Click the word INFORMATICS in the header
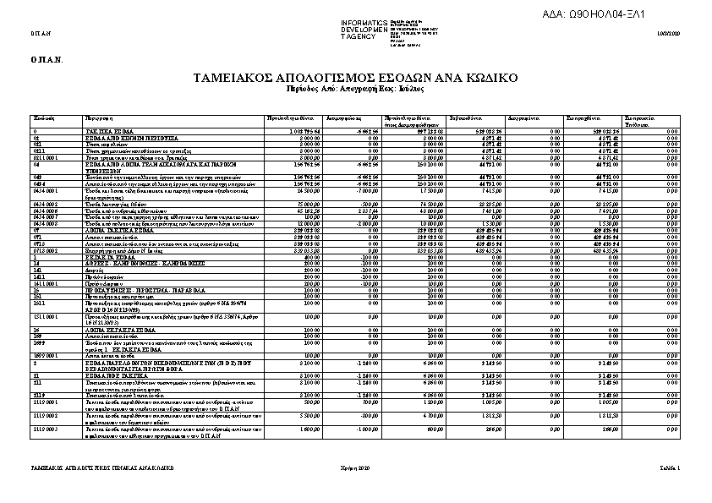pos(364,21)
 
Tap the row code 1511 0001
pos(46,316)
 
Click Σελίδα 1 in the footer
pos(667,467)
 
